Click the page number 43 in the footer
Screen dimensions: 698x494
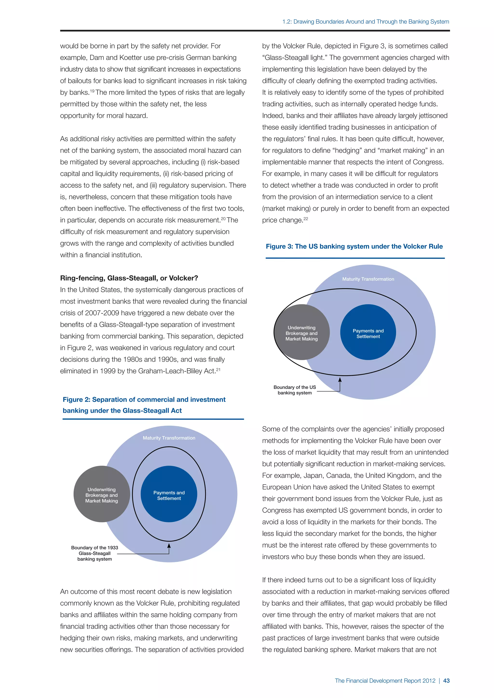pos(446,681)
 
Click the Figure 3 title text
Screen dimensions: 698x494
pos(354,246)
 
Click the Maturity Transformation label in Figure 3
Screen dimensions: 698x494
pos(368,279)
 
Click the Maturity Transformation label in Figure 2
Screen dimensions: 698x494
pos(169,438)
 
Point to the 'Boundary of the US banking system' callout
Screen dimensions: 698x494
pos(295,390)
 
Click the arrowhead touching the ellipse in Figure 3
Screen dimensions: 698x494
pos(340,380)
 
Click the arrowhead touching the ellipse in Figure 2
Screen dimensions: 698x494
pos(169,545)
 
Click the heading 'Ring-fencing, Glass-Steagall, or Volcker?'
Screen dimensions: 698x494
pos(129,278)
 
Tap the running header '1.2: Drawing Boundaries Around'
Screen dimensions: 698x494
pos(365,22)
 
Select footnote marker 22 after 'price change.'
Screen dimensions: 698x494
pos(306,218)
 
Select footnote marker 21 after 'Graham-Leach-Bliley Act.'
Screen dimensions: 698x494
pos(218,369)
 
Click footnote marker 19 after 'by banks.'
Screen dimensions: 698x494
pos(92,91)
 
